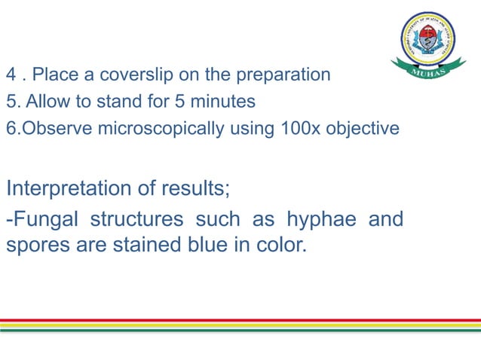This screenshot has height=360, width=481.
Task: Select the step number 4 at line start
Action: point(11,75)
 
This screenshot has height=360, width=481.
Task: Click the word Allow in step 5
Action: point(41,102)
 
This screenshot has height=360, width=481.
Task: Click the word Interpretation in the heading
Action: point(72,188)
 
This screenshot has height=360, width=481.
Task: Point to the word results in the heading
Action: point(198,188)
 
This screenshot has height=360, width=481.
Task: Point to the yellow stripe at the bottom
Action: point(240,325)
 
